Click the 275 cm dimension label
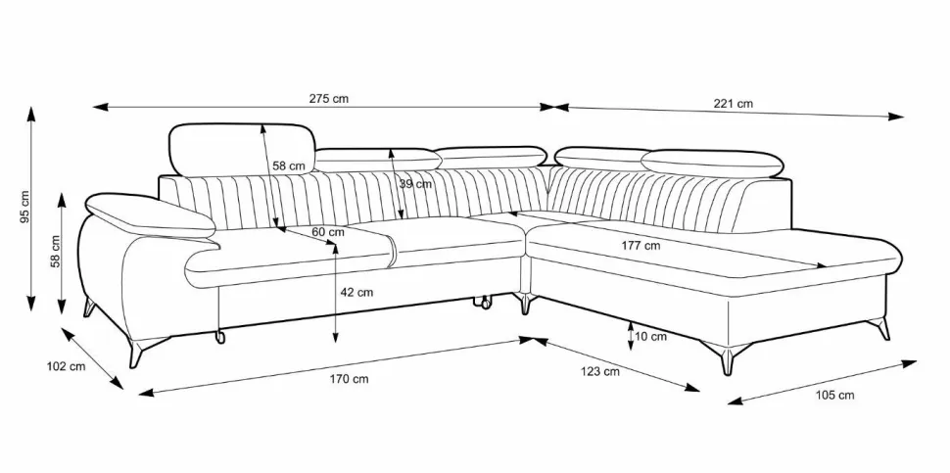click(328, 99)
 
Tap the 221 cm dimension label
click(733, 103)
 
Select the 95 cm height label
click(25, 208)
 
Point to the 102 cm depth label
click(66, 366)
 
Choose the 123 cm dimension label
click(599, 371)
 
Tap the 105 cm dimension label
click(834, 395)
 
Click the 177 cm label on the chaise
click(641, 245)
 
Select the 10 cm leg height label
click(651, 336)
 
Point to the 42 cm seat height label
click(356, 292)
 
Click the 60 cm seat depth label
click(327, 232)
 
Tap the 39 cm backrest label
click(415, 184)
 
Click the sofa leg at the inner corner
click(527, 305)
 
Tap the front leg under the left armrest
click(136, 353)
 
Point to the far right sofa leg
click(884, 329)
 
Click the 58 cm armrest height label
click(57, 252)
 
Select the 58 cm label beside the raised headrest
click(288, 166)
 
